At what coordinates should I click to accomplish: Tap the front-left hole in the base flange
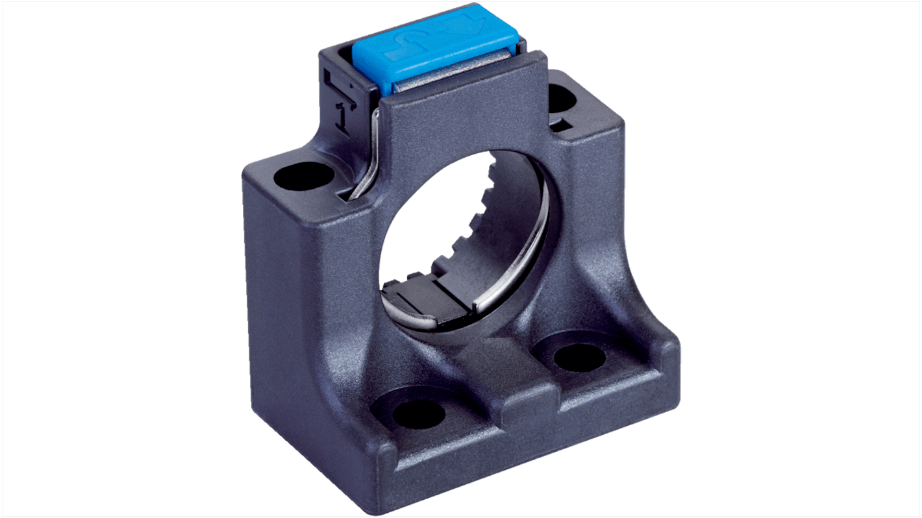coord(419,413)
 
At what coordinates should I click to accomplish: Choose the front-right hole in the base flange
coord(579,358)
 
